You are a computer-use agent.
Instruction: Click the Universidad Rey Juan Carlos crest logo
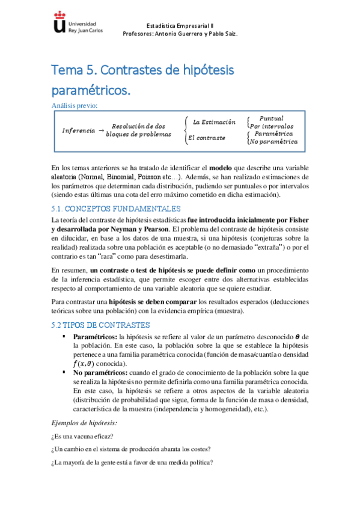point(59,23)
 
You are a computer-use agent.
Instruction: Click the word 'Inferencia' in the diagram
point(78,131)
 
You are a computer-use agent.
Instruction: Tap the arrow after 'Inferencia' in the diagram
point(101,130)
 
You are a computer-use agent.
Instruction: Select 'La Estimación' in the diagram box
point(214,123)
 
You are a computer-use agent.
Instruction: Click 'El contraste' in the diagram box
point(206,138)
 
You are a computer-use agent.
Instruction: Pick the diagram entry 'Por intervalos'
point(272,126)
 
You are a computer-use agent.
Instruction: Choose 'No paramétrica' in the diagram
point(273,142)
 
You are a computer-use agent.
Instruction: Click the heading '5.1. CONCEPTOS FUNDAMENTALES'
point(116,209)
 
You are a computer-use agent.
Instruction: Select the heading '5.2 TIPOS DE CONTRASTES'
point(103,325)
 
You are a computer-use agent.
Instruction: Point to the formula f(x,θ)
point(84,363)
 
